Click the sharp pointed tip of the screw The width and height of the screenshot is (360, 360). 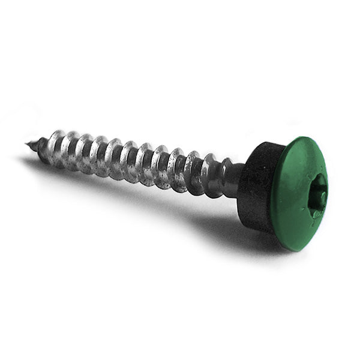tap(28, 143)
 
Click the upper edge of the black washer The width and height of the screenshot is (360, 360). tap(264, 145)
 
